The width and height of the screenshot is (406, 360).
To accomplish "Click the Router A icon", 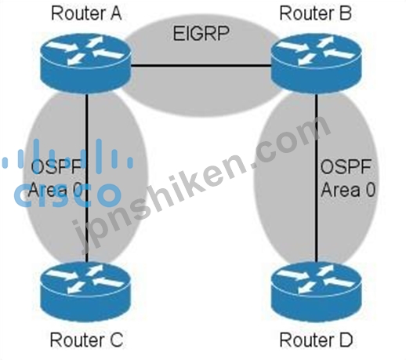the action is (85, 63).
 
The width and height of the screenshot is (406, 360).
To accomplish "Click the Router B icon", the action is (317, 63).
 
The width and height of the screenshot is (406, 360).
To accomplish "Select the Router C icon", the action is (85, 291).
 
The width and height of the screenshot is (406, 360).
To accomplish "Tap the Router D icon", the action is (317, 291).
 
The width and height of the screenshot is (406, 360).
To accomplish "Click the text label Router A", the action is (86, 13).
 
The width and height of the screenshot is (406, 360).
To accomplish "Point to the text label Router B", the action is (315, 13).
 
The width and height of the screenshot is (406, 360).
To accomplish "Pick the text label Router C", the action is (86, 340).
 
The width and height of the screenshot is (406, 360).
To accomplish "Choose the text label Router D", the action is (316, 340).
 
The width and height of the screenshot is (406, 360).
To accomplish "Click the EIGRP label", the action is (201, 33).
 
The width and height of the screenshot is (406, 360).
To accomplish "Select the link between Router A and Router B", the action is (201, 66).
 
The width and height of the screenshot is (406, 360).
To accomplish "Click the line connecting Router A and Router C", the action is (86, 177).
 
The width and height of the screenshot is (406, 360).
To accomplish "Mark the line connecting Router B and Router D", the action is (317, 177).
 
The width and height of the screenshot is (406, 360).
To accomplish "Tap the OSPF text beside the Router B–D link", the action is (346, 167).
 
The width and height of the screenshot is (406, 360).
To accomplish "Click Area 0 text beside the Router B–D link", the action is (348, 189).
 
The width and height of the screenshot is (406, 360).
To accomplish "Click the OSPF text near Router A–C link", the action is (56, 166).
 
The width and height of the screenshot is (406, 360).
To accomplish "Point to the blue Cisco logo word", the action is (67, 195).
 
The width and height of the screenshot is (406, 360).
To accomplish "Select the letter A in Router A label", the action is (116, 13).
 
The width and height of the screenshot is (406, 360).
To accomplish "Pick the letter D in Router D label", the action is (346, 340).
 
